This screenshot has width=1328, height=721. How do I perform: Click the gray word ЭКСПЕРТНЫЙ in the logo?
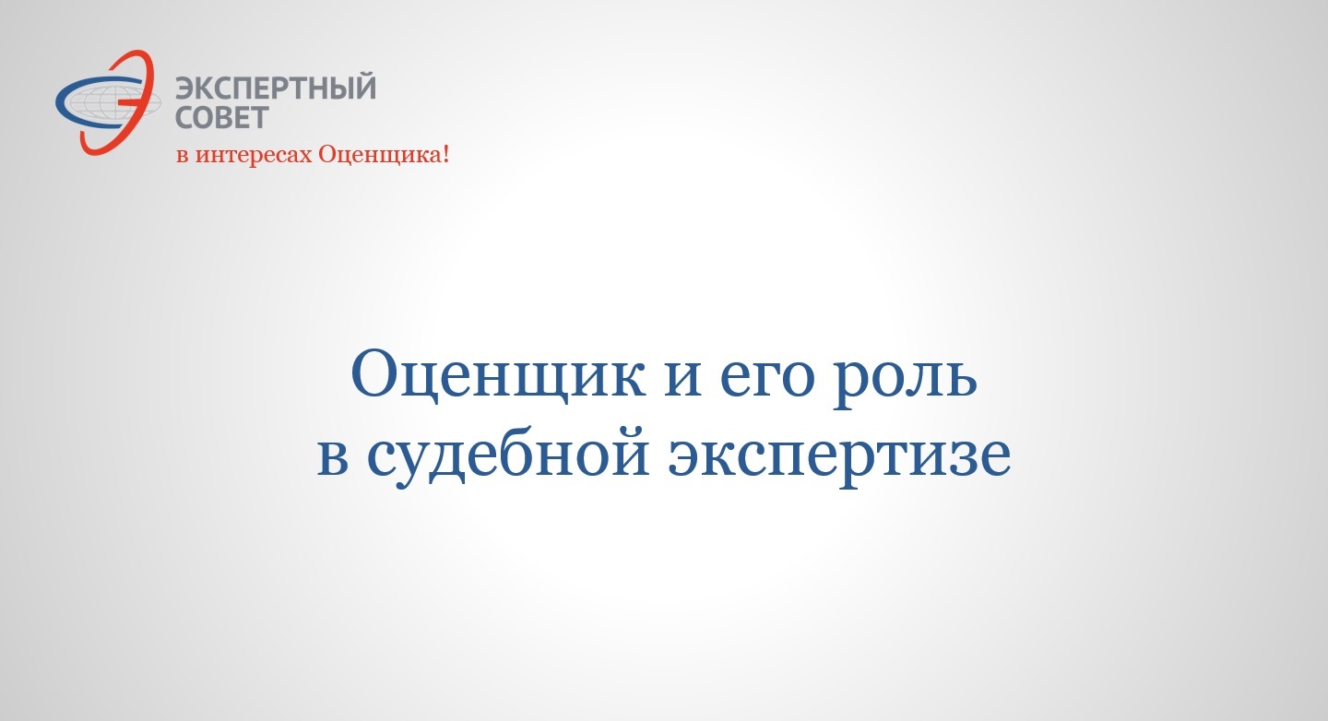[276, 89]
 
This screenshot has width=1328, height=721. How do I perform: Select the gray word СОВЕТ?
[222, 118]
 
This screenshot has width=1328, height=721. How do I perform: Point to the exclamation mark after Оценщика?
[445, 154]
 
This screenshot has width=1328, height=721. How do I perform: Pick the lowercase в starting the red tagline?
[183, 157]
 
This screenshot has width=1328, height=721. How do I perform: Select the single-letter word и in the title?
[683, 380]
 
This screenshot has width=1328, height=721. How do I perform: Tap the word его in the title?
[768, 380]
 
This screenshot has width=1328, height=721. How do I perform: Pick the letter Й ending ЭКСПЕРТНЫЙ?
[364, 89]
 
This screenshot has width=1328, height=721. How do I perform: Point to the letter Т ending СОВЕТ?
[259, 118]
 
